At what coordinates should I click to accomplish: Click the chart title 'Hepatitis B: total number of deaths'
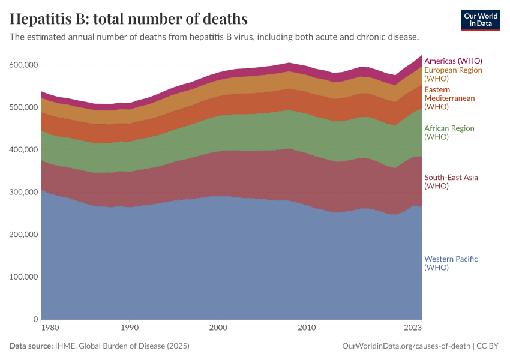pos(129,19)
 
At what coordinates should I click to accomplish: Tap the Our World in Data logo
pos(481,20)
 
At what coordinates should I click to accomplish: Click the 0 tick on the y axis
pos(35,319)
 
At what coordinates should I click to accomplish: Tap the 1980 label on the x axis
pos(50,328)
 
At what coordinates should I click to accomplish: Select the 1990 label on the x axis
pos(129,328)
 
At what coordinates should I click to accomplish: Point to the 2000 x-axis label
pos(218,328)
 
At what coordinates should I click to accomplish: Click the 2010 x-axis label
pos(307,328)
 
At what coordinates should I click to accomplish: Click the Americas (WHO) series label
pos(453,61)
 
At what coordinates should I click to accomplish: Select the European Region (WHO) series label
pos(453,74)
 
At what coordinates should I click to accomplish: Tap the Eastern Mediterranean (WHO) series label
pos(449,98)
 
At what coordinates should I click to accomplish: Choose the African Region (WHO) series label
pos(449,132)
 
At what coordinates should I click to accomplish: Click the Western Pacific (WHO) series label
pos(451,263)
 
